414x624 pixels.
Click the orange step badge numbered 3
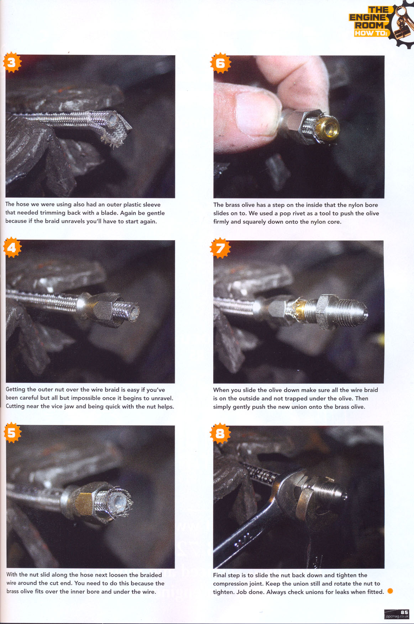click(x=12, y=63)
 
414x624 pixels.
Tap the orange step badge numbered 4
click(x=12, y=247)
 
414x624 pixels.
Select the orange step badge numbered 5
click(x=12, y=433)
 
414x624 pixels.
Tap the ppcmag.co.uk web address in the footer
click(x=397, y=617)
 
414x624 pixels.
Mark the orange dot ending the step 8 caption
click(x=390, y=591)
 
